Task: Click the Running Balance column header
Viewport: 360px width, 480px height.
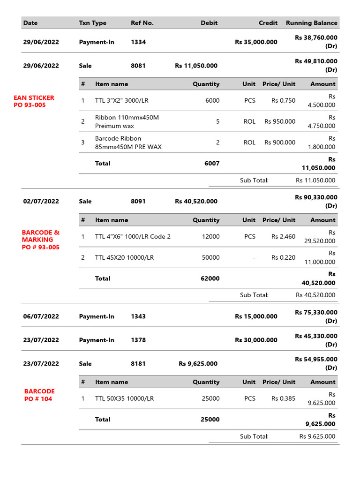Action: [311, 23]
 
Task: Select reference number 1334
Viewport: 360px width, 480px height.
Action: [138, 42]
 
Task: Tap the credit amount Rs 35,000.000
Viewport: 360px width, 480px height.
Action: [256, 42]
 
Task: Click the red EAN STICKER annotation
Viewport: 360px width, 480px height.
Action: [34, 98]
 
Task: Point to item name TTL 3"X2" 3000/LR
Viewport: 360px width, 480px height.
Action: [121, 100]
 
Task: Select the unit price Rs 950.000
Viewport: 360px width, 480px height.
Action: [280, 121]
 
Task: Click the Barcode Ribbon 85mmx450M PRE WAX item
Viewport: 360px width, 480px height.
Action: [128, 142]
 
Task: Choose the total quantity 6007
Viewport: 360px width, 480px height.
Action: [211, 164]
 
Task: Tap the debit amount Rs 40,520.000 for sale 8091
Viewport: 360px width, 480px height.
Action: [196, 202]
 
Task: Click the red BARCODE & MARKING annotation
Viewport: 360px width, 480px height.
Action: [41, 236]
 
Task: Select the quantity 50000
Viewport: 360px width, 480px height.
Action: [210, 257]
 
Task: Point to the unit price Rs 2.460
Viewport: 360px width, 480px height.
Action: [283, 236]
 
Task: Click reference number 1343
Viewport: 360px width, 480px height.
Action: [138, 316]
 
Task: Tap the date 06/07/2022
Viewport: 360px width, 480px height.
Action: [41, 316]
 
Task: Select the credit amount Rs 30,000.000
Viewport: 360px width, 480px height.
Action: [256, 340]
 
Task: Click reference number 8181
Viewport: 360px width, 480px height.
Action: [138, 364]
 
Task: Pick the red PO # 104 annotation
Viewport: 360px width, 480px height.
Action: [38, 399]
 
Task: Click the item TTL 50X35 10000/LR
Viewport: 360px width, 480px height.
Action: [124, 398]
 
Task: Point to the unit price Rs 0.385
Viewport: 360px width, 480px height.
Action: [283, 398]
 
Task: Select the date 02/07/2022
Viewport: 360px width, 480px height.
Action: [41, 202]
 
